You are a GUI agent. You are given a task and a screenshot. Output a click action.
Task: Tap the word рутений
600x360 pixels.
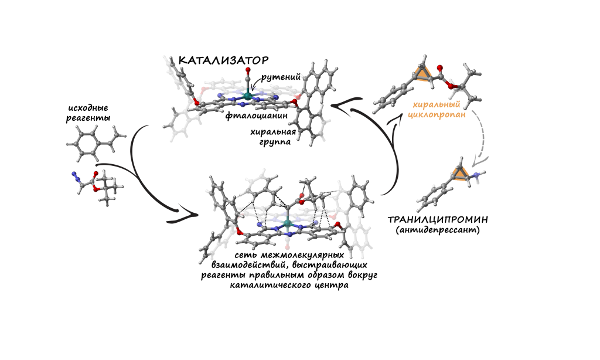pyautogui.click(x=281, y=76)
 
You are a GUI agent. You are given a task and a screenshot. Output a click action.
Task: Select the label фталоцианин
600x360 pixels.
pyautogui.click(x=251, y=116)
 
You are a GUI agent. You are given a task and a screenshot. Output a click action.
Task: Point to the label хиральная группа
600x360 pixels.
pyautogui.click(x=274, y=137)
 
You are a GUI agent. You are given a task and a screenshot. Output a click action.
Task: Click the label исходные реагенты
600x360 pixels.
pyautogui.click(x=90, y=113)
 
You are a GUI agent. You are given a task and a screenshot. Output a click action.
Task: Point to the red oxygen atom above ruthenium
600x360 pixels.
pyautogui.click(x=248, y=72)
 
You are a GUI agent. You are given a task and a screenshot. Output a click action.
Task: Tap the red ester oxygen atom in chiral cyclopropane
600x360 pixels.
pyautogui.click(x=449, y=88)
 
